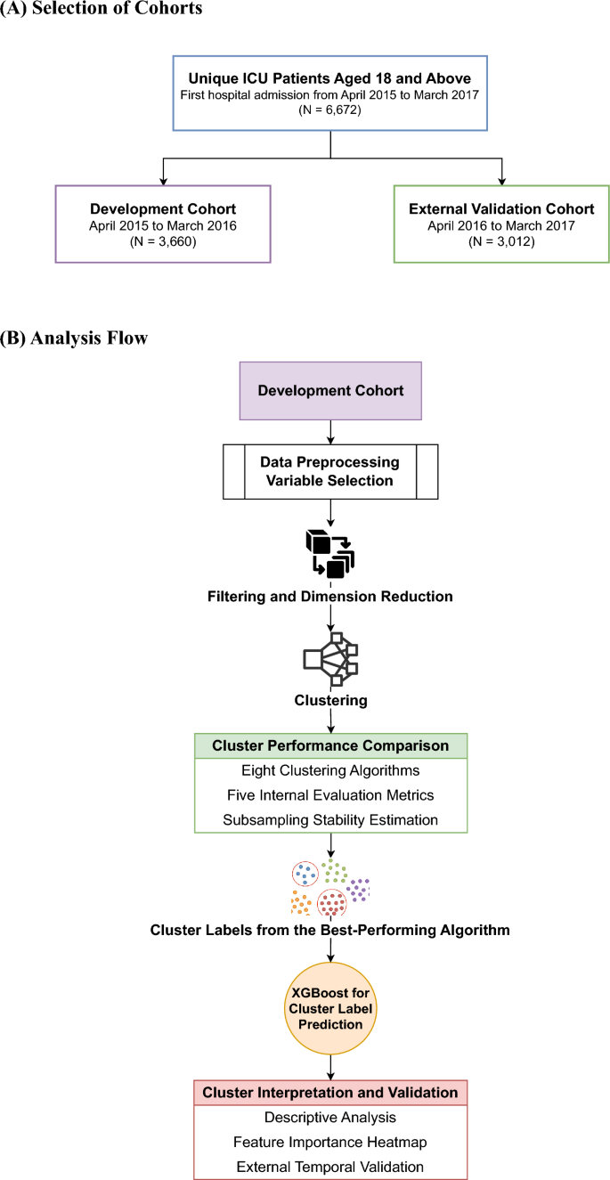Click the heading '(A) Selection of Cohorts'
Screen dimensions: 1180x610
[102, 9]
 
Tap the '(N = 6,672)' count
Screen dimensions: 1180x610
[331, 113]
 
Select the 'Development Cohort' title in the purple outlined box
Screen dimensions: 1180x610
[162, 208]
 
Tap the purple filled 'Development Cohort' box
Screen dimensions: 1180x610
[330, 390]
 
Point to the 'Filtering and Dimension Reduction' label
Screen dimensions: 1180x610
[330, 596]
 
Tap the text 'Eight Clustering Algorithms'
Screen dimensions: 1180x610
[330, 770]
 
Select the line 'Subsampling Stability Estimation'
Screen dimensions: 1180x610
[330, 818]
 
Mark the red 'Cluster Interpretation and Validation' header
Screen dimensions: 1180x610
[330, 1092]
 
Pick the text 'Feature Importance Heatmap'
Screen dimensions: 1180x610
[330, 1141]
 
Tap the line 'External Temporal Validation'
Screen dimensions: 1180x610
[330, 1166]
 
